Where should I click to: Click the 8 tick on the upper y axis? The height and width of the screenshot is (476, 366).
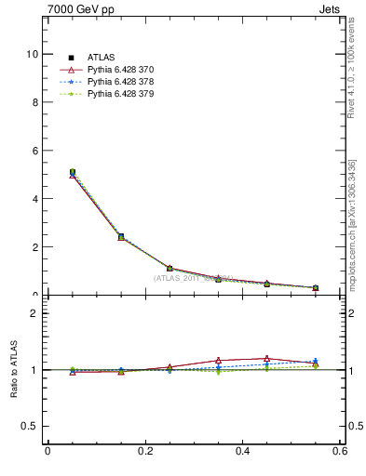pyautogui.click(x=34, y=102)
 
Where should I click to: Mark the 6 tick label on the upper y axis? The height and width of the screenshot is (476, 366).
pyautogui.click(x=34, y=151)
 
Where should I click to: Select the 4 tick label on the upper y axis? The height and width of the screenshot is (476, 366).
pyautogui.click(x=34, y=199)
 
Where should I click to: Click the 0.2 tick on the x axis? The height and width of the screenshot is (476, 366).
pyautogui.click(x=145, y=452)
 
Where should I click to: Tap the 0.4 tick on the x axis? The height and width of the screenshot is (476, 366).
pyautogui.click(x=243, y=452)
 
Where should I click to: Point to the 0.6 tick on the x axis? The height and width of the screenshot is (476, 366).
pyautogui.click(x=341, y=452)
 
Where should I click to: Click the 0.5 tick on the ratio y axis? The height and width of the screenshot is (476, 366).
pyautogui.click(x=31, y=426)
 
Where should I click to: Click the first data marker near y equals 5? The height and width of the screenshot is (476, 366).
pyautogui.click(x=73, y=172)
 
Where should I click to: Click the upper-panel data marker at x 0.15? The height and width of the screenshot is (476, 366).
pyautogui.click(x=121, y=236)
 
